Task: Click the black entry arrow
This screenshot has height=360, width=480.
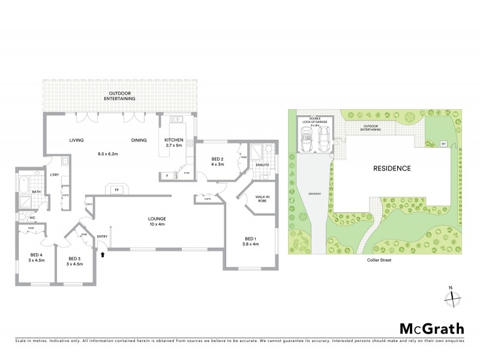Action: pyautogui.click(x=103, y=254)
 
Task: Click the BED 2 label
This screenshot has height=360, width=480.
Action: pyautogui.click(x=217, y=159)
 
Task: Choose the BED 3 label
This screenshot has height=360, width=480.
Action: pyautogui.click(x=74, y=260)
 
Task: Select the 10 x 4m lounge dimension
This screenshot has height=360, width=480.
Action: pyautogui.click(x=158, y=224)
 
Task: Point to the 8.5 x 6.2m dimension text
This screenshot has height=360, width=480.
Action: pyautogui.click(x=107, y=154)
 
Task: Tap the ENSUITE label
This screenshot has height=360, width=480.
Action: pyautogui.click(x=263, y=164)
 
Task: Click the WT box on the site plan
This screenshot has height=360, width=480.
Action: pyautogui.click(x=443, y=143)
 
